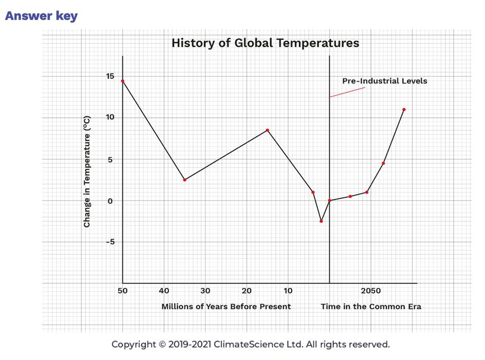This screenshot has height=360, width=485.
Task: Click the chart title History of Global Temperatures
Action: [x=265, y=43]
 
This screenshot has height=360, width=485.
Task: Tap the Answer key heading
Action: [x=41, y=16]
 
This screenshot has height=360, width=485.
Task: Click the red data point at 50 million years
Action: [x=123, y=81]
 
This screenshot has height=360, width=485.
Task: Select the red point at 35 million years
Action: [x=185, y=179]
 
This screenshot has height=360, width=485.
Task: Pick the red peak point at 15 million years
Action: [x=267, y=130]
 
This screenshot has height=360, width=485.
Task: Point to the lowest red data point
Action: [x=321, y=221]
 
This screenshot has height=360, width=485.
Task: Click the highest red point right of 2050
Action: [x=403, y=109]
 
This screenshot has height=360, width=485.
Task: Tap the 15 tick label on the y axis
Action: [x=110, y=76]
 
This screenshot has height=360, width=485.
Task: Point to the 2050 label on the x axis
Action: [x=371, y=290]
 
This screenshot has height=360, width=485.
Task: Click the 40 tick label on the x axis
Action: [x=164, y=290]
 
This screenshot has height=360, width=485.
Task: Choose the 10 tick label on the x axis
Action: [x=288, y=290]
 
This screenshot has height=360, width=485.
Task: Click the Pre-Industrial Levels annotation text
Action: [x=385, y=81]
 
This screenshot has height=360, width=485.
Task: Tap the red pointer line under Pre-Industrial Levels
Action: [x=347, y=92]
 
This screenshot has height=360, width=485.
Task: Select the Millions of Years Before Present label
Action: [x=226, y=306]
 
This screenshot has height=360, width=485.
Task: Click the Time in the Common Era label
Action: [x=371, y=306]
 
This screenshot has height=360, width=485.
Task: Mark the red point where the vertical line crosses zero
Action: [x=330, y=201]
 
